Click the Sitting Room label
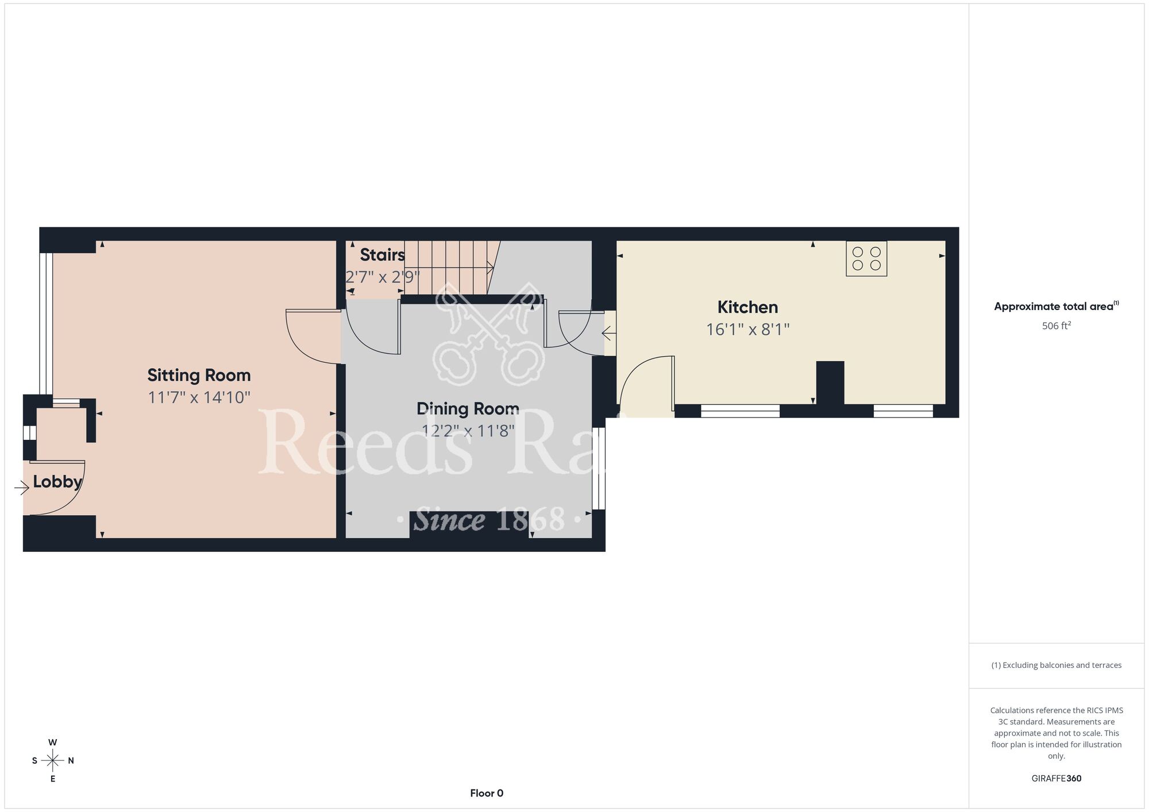pos(199,375)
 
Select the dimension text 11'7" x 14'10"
pos(199,397)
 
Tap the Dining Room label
pos(468,409)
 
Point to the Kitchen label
pos(747,307)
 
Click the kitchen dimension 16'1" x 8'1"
pos(747,330)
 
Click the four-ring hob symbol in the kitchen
pos(866,259)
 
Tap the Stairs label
pos(382,254)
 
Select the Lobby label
pos(57,481)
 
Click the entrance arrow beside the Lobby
pos(22,488)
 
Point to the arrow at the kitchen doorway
pos(608,333)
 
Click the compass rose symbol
pos(53,761)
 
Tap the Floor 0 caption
pos(487,793)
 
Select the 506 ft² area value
pos(1056,326)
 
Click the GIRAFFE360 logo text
pos(1056,779)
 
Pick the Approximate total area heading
pos(1056,306)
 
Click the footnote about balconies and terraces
pos(1056,665)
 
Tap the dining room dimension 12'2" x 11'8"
pos(468,431)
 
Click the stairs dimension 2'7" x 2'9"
pos(382,277)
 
